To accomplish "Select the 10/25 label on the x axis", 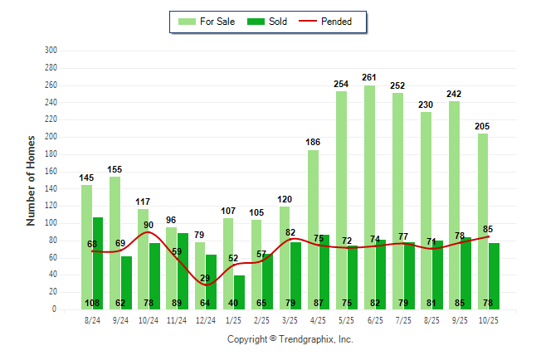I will [x=489, y=319].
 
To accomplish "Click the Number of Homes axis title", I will [x=31, y=180].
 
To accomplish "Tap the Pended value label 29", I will [x=205, y=278].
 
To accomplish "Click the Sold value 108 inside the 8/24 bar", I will [x=92, y=303].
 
